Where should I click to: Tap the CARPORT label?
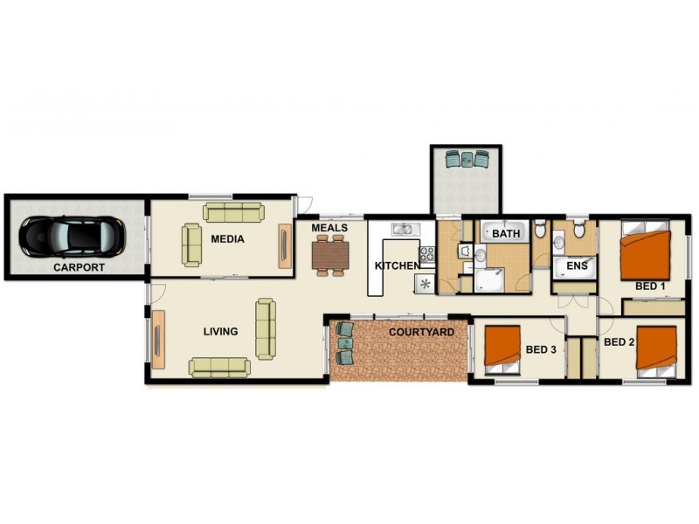(79, 268)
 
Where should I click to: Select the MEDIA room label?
(227, 238)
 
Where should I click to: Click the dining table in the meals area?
(330, 254)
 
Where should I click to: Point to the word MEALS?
(329, 228)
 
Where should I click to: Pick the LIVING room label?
(220, 331)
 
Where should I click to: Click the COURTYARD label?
(420, 332)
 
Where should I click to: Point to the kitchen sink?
(404, 230)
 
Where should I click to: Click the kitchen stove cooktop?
(427, 255)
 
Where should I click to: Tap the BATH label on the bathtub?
(506, 234)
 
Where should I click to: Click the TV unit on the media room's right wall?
(285, 246)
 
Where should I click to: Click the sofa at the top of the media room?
(233, 212)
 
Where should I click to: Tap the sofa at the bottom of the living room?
(219, 367)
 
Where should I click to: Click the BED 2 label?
(619, 341)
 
